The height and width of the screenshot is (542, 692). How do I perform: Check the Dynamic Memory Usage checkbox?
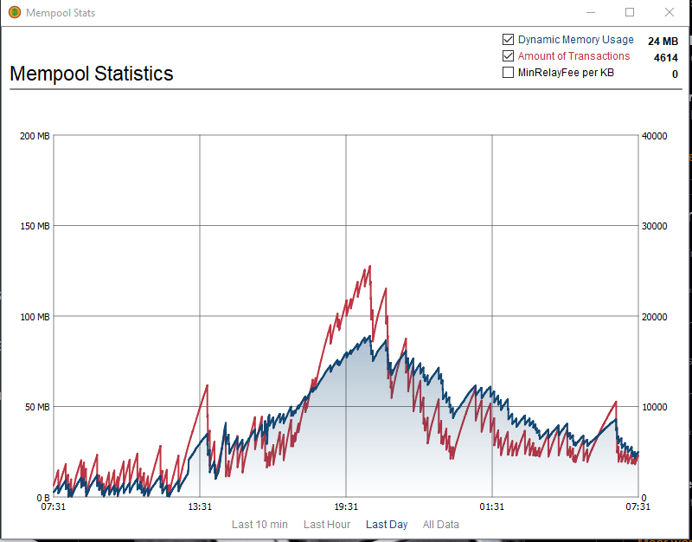tap(509, 40)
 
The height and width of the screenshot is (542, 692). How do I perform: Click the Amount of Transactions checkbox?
tap(509, 56)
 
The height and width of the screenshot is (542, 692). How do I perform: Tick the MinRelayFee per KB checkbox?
tap(509, 73)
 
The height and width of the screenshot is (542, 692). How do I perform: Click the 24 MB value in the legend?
tap(663, 41)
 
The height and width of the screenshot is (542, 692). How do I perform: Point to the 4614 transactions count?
tap(665, 57)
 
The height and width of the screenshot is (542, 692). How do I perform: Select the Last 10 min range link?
tap(259, 525)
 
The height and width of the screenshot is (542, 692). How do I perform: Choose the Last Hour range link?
tap(327, 525)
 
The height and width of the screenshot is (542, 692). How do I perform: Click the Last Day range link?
tap(387, 525)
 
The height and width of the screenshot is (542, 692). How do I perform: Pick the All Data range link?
tap(441, 525)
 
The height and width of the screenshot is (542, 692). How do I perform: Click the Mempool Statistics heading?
tap(92, 74)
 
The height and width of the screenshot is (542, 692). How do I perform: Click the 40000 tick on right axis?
tap(655, 136)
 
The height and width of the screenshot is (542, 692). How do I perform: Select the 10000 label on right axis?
tap(655, 407)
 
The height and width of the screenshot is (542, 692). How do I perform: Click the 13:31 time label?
tap(200, 507)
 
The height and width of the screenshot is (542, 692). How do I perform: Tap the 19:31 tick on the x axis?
tap(346, 507)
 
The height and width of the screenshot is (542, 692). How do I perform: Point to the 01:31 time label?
tap(492, 507)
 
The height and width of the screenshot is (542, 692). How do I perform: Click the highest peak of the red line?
tap(369, 267)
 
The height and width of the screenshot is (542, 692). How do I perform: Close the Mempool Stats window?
tap(669, 12)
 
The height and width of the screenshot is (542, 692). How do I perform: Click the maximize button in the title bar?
tap(630, 12)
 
